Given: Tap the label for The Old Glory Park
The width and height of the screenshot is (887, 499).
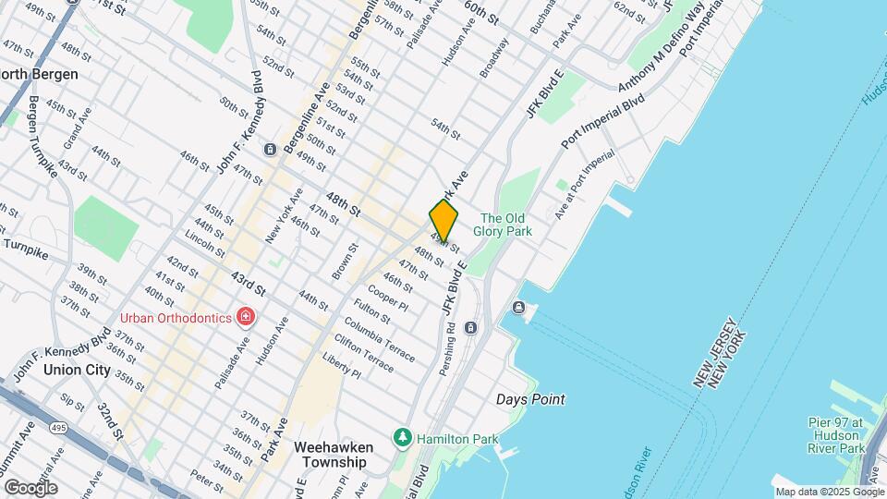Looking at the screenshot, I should point(503,225).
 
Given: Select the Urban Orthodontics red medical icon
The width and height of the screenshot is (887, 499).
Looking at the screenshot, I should point(246,318).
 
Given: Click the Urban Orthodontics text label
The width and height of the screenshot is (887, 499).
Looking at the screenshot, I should point(176,318).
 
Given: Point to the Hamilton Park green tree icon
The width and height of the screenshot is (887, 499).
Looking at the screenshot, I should point(402,436).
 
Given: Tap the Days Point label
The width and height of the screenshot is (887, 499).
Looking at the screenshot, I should point(530,399).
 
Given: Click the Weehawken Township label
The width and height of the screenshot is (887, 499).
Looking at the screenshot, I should point(331,454).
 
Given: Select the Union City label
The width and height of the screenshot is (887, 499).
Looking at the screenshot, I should point(77,370).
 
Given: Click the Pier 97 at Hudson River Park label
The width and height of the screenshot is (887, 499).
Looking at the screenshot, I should point(836,435).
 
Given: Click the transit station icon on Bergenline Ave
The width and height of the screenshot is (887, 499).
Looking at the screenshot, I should point(270,150).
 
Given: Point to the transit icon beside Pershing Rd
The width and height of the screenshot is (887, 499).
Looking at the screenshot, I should point(470,327).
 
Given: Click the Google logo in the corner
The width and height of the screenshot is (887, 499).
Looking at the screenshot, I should point(30,487).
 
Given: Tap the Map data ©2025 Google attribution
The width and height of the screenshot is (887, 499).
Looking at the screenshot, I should point(830,492).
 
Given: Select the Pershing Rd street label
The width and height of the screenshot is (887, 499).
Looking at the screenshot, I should point(449,340).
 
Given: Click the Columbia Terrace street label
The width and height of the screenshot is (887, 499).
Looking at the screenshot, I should point(380,339).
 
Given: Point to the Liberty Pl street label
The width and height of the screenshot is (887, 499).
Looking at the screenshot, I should point(342,365).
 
